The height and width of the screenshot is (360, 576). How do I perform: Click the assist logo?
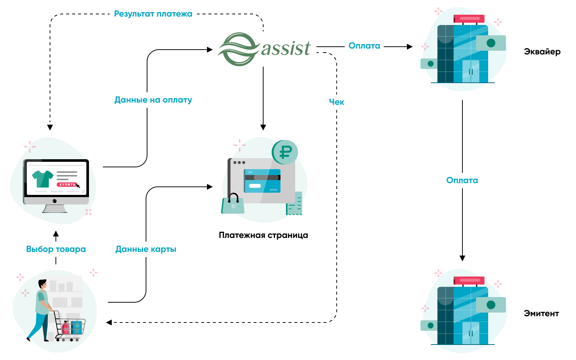click(265, 49)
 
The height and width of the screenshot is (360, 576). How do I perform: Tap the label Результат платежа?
click(153, 14)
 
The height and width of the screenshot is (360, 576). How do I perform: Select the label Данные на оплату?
click(153, 100)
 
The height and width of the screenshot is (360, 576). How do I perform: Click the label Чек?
click(336, 102)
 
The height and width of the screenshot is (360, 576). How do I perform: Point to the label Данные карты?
click(146, 249)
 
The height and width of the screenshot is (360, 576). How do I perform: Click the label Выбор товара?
click(56, 249)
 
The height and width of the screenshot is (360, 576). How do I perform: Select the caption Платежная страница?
click(263, 235)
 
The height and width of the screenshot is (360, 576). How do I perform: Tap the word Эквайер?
click(542, 52)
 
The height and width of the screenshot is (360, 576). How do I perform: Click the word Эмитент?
click(541, 314)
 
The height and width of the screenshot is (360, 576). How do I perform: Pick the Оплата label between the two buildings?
click(462, 181)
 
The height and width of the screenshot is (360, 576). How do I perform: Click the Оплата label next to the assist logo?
click(364, 46)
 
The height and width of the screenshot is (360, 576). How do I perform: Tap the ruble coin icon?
click(285, 152)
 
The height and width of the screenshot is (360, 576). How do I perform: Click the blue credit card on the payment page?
click(262, 181)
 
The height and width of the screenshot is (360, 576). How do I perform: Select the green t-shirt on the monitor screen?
click(43, 179)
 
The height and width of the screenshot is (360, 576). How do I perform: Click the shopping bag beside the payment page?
click(233, 204)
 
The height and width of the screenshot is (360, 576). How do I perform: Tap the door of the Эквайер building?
click(471, 72)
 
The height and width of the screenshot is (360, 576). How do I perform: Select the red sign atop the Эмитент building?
click(469, 281)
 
